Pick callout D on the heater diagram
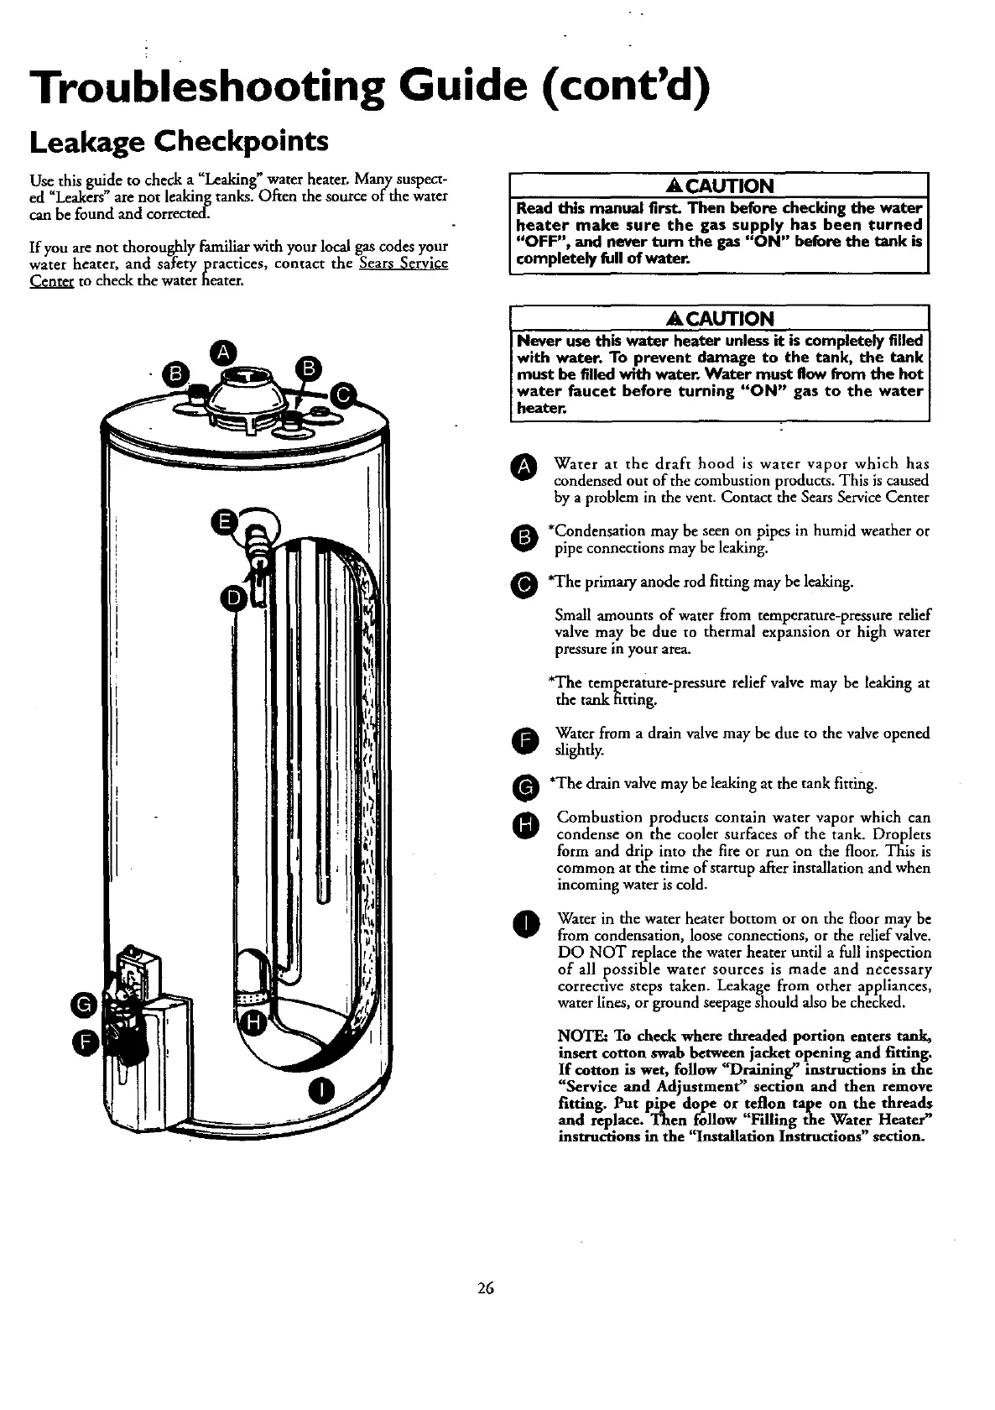click(x=232, y=598)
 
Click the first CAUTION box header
click(x=720, y=185)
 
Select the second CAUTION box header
click(x=720, y=318)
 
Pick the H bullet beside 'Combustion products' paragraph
click(x=524, y=827)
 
